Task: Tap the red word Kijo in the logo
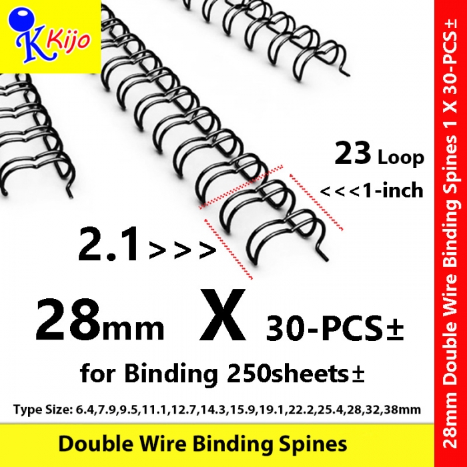pos(68,41)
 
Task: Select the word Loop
pos(401,158)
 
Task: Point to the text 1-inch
pos(392,191)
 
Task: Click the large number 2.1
pos(109,244)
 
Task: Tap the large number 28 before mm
pos(67,320)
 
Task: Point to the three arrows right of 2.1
pos(182,250)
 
